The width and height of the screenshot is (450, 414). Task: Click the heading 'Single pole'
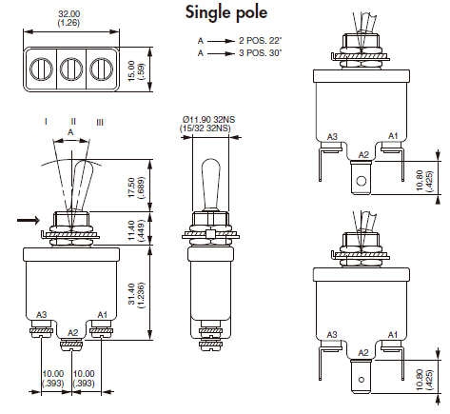point(226,13)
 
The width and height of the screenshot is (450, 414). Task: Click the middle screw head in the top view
point(71,69)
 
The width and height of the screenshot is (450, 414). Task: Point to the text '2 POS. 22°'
point(260,41)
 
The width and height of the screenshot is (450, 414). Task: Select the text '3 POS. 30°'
point(260,52)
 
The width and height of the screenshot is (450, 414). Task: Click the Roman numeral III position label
point(100,122)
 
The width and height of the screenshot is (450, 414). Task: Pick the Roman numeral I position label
point(47,122)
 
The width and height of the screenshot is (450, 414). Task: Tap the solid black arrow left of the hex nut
point(29,220)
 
